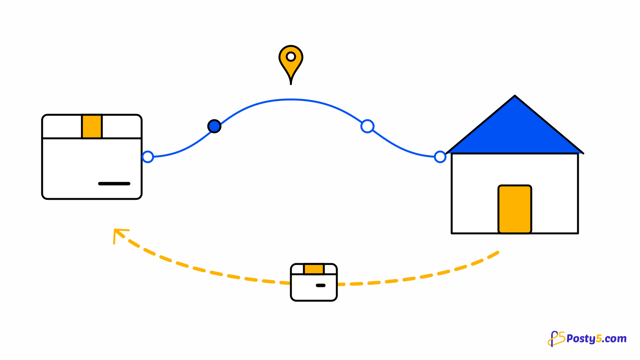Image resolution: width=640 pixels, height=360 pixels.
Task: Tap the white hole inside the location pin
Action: click(291, 57)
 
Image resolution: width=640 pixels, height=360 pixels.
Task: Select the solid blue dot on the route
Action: click(214, 126)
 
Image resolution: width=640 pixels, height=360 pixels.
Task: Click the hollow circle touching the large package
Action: click(148, 157)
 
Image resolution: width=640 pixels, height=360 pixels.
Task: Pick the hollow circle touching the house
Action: click(440, 157)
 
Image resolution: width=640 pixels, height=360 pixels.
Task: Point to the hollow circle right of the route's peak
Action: click(367, 126)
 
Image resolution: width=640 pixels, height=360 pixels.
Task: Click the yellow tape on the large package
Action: click(92, 127)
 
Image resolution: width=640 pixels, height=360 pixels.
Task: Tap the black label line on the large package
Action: click(114, 184)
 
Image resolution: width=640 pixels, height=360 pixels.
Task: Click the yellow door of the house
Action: click(515, 209)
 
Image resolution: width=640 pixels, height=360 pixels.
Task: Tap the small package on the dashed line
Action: click(314, 282)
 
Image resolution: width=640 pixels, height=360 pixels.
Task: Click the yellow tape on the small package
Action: click(314, 269)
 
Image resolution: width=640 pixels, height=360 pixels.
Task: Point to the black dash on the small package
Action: click(320, 285)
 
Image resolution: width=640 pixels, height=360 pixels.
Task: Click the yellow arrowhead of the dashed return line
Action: click(119, 234)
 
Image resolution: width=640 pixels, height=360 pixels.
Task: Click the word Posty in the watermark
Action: click(581, 339)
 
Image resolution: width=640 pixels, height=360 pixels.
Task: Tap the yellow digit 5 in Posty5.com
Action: click(599, 339)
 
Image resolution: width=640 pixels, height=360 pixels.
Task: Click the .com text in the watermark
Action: click(614, 339)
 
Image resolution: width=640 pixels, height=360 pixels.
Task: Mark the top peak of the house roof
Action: click(515, 96)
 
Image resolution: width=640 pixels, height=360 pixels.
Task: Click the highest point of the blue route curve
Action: click(291, 99)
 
